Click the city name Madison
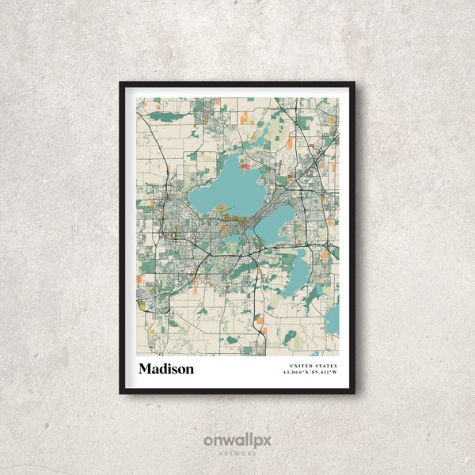165,369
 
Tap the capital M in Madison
145,369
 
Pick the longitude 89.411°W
325,372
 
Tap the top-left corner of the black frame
121,83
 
